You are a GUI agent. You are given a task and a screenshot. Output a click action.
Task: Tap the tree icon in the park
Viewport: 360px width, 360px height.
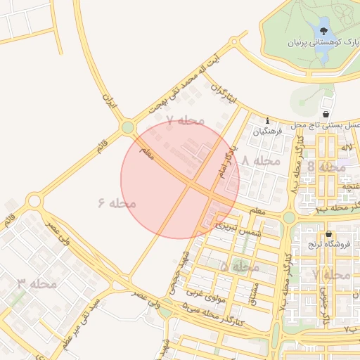(x=324, y=31)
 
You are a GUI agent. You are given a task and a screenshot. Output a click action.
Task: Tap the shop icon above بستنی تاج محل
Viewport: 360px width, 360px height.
(x=326, y=113)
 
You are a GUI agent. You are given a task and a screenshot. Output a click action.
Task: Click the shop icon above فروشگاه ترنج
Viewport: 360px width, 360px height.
(x=329, y=234)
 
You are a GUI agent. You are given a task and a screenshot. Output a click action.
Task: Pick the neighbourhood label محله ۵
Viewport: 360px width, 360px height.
(x=240, y=267)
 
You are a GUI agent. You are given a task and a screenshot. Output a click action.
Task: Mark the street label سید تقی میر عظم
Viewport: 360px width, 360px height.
(x=82, y=309)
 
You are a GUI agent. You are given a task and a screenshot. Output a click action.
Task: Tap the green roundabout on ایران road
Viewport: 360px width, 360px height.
(x=127, y=128)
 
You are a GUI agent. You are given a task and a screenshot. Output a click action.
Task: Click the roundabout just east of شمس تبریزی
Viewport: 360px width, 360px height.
(x=289, y=217)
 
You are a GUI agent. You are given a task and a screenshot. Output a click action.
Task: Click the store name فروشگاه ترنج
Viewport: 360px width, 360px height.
(x=329, y=245)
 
